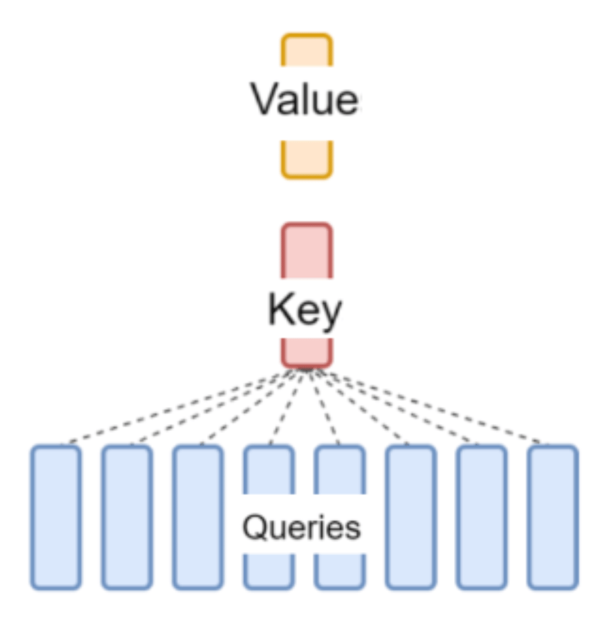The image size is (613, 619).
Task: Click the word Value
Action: (x=304, y=99)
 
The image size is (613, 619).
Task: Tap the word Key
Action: (x=304, y=310)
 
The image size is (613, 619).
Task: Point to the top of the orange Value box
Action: (x=306, y=35)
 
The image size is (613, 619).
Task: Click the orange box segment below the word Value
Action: (x=306, y=159)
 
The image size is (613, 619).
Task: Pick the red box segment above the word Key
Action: (x=306, y=250)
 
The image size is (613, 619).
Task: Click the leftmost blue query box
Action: (x=56, y=517)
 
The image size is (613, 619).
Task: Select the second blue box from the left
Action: (x=127, y=517)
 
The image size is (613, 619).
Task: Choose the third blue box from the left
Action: (x=198, y=517)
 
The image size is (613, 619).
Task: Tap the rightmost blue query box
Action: (x=553, y=517)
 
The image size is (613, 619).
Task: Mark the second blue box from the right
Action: (x=482, y=517)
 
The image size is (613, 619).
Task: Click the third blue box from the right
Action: (x=411, y=517)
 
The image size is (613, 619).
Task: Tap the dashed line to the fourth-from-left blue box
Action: (x=288, y=406)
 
